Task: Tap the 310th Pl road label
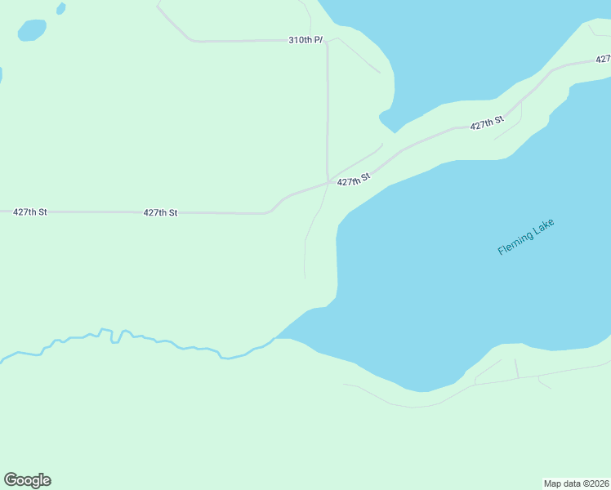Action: [x=305, y=39]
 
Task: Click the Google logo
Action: [x=27, y=480]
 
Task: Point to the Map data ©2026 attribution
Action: [x=576, y=483]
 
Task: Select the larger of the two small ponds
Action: [x=32, y=30]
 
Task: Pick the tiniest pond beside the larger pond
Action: [x=60, y=9]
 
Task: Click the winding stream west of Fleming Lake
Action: [x=123, y=337]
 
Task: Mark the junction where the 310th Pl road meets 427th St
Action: [x=328, y=181]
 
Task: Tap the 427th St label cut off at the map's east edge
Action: [x=603, y=59]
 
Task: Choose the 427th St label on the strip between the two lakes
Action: [x=486, y=124]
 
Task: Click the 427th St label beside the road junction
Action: [x=354, y=180]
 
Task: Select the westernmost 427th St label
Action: [x=30, y=212]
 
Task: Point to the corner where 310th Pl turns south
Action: [x=327, y=42]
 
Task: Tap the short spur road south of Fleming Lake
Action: [x=516, y=367]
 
